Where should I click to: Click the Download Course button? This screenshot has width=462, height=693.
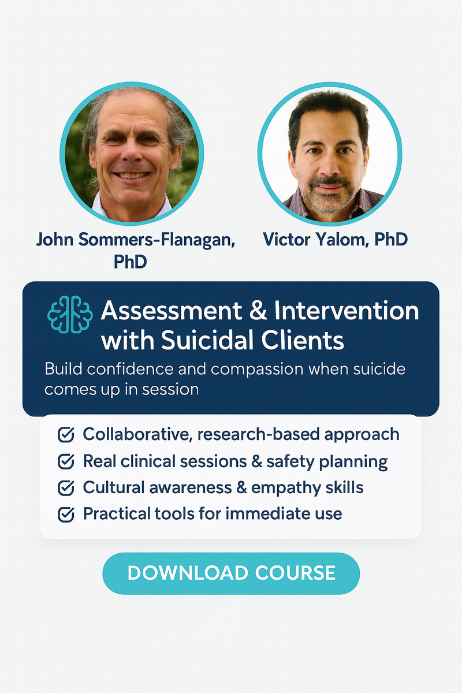(x=231, y=573)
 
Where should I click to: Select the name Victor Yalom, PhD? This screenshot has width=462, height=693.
(x=335, y=239)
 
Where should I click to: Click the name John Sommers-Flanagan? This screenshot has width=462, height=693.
(x=135, y=239)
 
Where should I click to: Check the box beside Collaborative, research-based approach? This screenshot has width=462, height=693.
(x=66, y=435)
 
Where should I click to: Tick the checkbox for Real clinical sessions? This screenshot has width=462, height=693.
(x=66, y=461)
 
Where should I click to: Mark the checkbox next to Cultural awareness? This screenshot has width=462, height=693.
(x=66, y=488)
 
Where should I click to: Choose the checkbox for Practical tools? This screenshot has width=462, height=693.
(x=66, y=514)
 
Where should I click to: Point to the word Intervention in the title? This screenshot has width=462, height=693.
(x=346, y=311)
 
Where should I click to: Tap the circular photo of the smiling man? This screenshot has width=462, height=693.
(x=132, y=152)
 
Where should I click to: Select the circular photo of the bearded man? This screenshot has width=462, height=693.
(x=329, y=152)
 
